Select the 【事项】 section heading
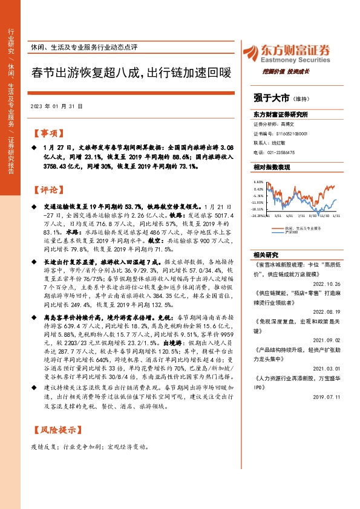tap(48, 133)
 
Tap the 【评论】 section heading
tap(48, 190)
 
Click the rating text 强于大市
tap(270, 96)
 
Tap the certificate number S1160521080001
tap(293, 133)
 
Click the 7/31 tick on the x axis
tap(300, 215)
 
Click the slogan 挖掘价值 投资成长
tap(286, 71)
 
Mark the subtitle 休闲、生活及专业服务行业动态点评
tap(84, 47)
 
